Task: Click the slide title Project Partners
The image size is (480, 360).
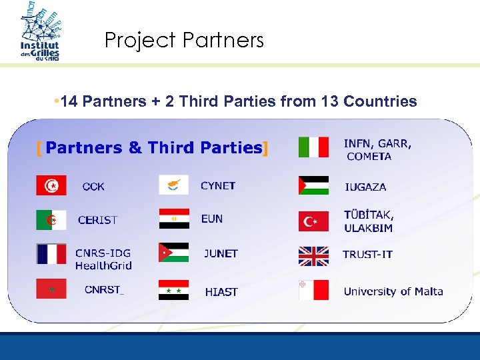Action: point(184,41)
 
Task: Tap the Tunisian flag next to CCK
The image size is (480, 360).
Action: point(51,185)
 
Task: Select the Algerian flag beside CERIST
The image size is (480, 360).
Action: point(51,219)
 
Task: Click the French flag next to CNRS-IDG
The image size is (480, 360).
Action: point(51,253)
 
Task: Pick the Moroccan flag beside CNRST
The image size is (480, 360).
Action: point(51,289)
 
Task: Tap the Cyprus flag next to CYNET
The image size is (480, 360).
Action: point(173,185)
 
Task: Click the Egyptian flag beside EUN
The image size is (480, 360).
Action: point(173,219)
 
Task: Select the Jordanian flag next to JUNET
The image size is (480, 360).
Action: point(173,253)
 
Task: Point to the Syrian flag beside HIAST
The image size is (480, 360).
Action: point(173,290)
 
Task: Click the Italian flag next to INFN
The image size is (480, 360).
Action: point(313,147)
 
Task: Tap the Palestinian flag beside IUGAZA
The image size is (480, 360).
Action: point(313,185)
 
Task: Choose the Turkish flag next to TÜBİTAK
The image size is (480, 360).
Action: point(313,221)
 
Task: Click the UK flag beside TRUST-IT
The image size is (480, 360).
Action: point(313,256)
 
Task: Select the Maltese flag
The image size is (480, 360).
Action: point(313,290)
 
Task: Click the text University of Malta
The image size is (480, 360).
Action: point(393,291)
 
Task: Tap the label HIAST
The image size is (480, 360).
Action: point(221,292)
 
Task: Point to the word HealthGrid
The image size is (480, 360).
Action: point(103,265)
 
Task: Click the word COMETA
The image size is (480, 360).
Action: point(369,157)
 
